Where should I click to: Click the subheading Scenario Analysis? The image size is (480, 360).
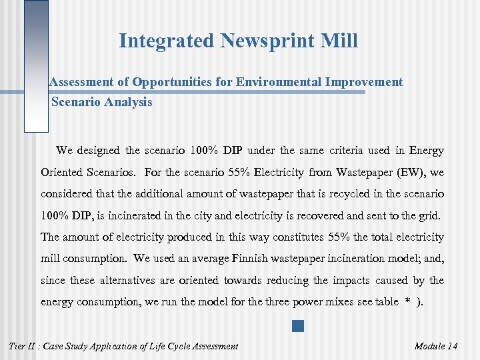tap(101, 102)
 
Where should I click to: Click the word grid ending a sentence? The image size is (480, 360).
tap(438, 216)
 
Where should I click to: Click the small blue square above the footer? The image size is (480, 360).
tap(297, 327)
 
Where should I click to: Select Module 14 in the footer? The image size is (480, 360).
tap(436, 346)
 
